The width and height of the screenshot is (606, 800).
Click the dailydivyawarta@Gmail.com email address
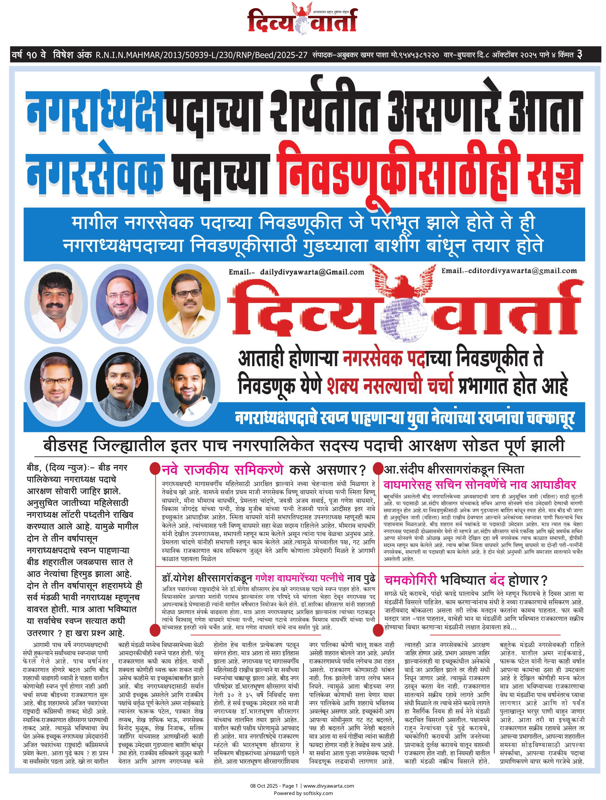coord(312,272)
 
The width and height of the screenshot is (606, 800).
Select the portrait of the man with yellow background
coord(187,303)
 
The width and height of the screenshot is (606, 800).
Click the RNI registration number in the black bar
coord(201,55)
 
